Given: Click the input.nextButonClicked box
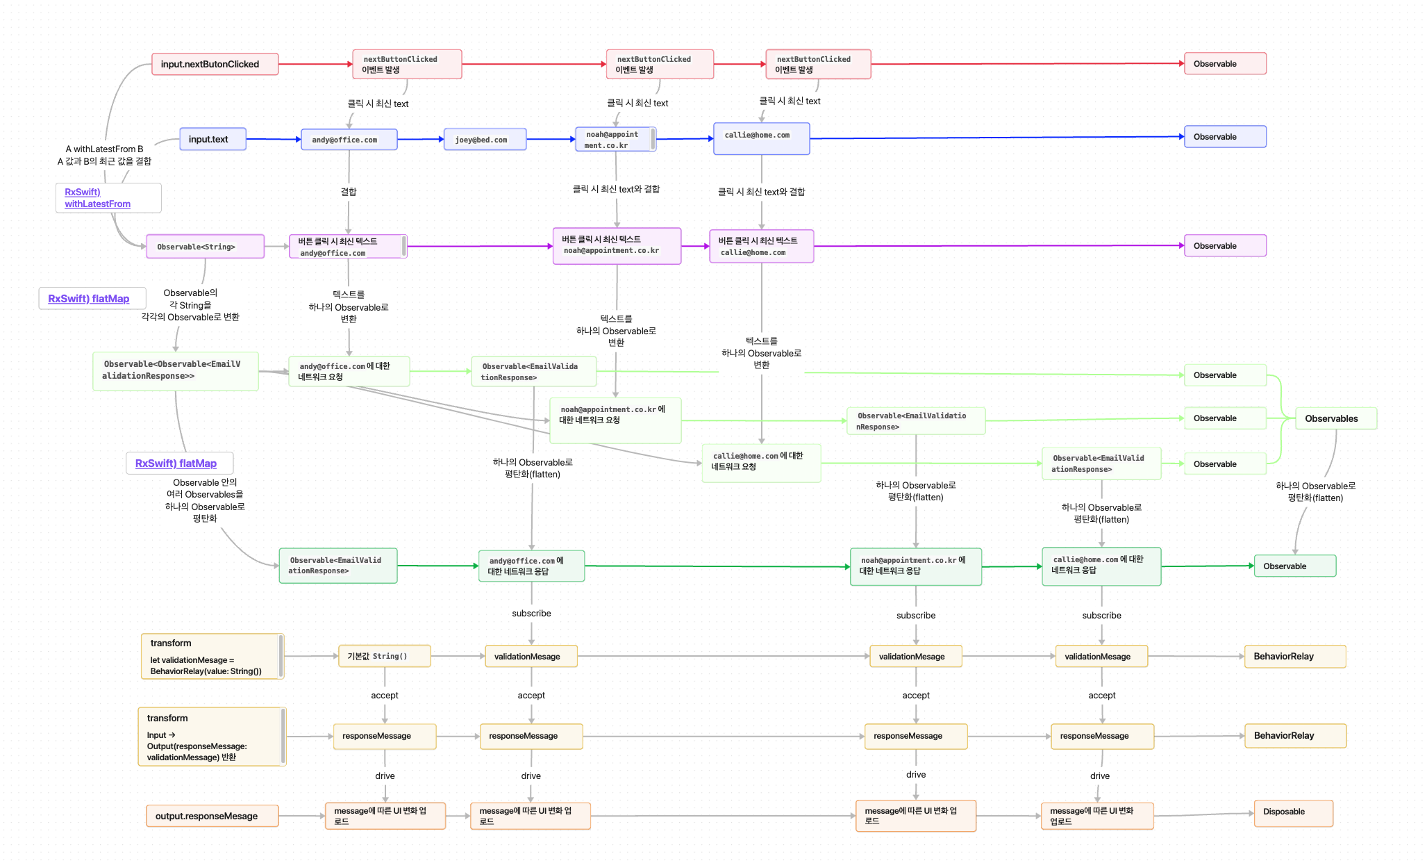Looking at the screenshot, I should pos(215,64).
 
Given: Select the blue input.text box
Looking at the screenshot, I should pos(212,139).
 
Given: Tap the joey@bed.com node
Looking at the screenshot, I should pos(485,140).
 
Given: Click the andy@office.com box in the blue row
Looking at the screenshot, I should pos(349,140).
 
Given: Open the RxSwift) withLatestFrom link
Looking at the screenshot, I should pos(97,198).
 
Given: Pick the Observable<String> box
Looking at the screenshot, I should pos(205,247).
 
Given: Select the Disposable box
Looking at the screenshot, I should pos(1292,812).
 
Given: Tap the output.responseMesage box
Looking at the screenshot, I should pos(212,816).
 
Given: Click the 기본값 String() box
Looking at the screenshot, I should pos(384,656).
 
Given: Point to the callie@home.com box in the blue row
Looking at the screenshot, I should pos(761,138).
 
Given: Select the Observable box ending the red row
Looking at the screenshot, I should pos(1224,64).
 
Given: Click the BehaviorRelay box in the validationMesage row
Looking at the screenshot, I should pos(1294,656).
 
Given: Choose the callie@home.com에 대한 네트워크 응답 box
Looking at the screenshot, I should pos(1101,566).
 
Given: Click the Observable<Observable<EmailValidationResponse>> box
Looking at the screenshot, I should pos(176,370).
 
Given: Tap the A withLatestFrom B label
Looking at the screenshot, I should pos(104,149).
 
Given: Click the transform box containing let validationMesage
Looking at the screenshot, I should pos(211,656).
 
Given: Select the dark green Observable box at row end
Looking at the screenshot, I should pos(1294,566).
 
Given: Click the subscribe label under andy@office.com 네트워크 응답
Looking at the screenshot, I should pos(531,614).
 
